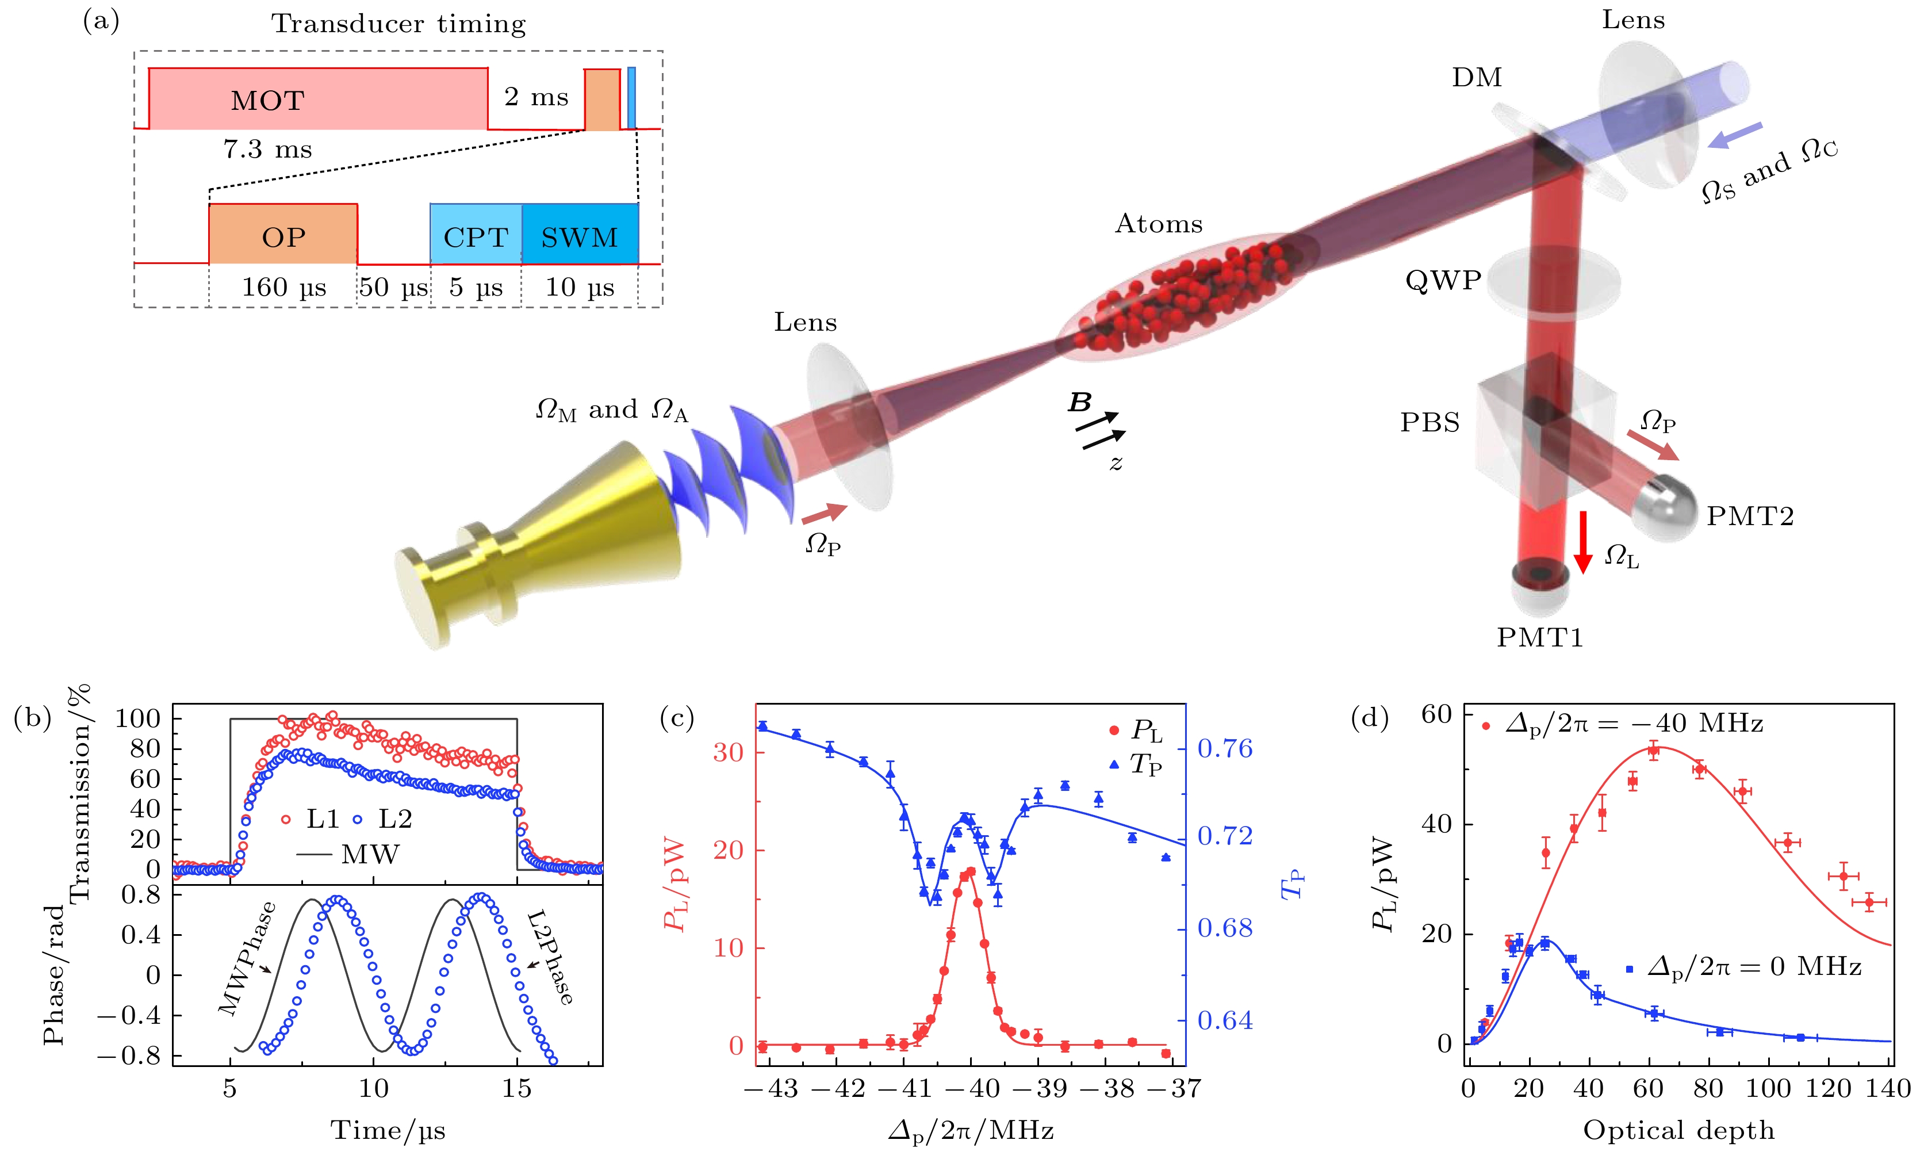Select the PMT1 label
point(1540,637)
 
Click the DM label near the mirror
point(1476,78)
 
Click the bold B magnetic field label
point(1080,403)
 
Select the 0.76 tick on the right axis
point(1225,749)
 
